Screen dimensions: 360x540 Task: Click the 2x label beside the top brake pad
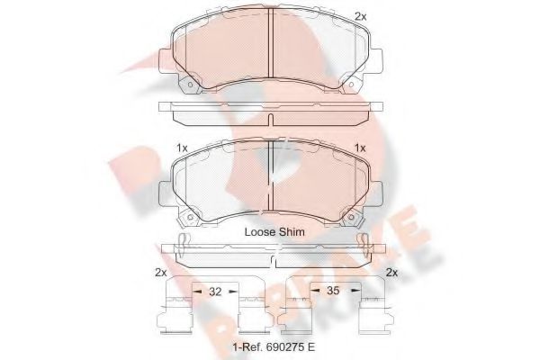(x=361, y=16)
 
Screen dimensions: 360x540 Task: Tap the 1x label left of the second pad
(x=181, y=148)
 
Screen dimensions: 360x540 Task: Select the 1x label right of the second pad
(x=361, y=148)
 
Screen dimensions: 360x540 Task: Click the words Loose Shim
(x=274, y=231)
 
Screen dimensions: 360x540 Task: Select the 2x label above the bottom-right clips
(x=391, y=273)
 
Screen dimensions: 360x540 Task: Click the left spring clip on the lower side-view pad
(x=184, y=245)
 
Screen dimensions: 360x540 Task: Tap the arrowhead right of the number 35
(x=354, y=292)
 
